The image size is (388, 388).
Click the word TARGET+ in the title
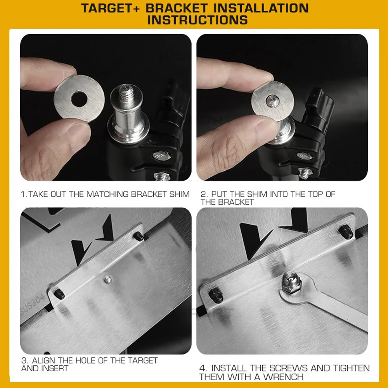tap(110, 8)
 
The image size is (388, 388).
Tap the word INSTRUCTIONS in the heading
tap(197, 20)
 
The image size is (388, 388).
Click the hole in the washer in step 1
tap(79, 99)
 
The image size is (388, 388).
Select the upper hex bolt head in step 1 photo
tap(161, 156)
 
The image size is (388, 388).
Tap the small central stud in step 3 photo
tap(107, 280)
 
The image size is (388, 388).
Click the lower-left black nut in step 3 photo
tap(59, 294)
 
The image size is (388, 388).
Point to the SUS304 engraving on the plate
tap(33, 303)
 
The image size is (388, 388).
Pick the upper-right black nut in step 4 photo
tap(345, 232)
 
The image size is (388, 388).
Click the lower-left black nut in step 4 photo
tap(215, 295)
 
